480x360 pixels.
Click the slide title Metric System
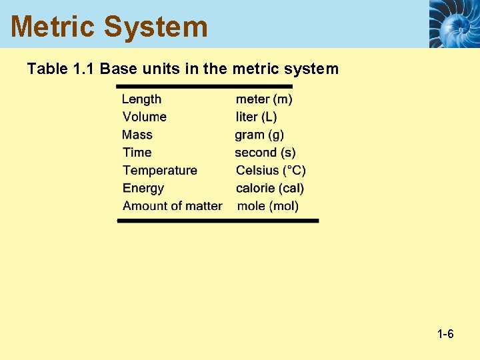click(x=109, y=27)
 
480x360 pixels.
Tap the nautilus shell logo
click(x=453, y=23)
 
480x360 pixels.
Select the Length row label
click(x=141, y=99)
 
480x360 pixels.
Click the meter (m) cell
click(x=264, y=99)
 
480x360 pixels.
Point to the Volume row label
click(x=144, y=117)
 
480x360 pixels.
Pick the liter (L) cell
click(x=256, y=117)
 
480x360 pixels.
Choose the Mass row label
click(x=137, y=135)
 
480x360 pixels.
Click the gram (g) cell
click(x=259, y=135)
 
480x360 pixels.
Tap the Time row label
click(x=137, y=153)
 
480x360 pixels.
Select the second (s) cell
click(x=265, y=153)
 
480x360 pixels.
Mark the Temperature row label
click(x=160, y=171)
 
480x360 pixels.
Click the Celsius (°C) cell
click(x=271, y=171)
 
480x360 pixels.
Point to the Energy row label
click(x=143, y=189)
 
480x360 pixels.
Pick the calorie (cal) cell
click(x=270, y=189)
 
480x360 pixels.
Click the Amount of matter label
click(x=172, y=206)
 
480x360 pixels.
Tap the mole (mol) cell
click(x=268, y=206)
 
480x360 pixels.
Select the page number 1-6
click(x=445, y=334)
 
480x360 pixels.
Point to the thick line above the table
click(x=204, y=86)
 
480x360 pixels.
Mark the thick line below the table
click(x=218, y=221)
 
